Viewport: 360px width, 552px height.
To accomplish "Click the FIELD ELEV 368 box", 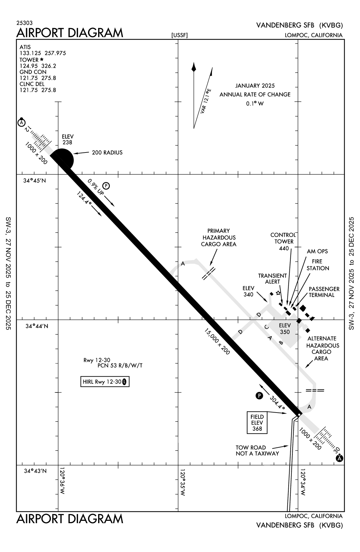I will point(257,423).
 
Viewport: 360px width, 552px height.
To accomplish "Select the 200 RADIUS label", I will point(107,153).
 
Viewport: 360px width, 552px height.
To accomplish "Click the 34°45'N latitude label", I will point(35,180).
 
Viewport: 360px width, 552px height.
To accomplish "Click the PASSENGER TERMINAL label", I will point(324,292).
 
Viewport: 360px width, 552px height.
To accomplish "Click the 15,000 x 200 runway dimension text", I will point(217,342).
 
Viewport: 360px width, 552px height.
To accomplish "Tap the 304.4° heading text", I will point(277,403).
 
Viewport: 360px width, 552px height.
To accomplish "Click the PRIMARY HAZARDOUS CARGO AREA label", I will point(219,238).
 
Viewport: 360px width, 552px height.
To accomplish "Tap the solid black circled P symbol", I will point(259,396).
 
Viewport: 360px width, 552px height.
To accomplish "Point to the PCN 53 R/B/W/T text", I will point(120,366).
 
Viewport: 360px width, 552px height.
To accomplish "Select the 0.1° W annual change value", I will point(255,104).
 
